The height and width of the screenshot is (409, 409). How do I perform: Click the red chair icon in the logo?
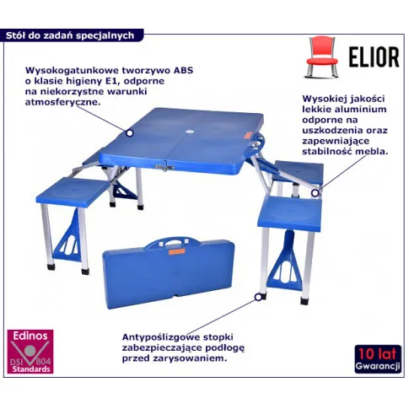[x=321, y=57]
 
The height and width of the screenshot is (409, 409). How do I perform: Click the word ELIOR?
[x=374, y=57]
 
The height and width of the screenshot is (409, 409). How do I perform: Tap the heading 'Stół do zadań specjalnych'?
[x=70, y=35]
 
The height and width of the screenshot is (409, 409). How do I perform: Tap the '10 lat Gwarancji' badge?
[x=378, y=358]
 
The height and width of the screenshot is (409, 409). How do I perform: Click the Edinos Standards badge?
[x=30, y=352]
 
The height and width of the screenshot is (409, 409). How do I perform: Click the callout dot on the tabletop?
[x=129, y=132]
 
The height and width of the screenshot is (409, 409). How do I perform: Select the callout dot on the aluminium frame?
[x=315, y=193]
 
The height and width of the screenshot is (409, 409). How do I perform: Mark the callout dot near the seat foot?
[x=258, y=297]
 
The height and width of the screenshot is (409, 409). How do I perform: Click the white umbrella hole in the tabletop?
[x=190, y=132]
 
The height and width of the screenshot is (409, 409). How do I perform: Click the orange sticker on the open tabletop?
[x=246, y=136]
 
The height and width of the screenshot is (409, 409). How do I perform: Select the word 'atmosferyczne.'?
[x=63, y=102]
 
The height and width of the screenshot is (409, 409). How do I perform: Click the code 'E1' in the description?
[x=115, y=81]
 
